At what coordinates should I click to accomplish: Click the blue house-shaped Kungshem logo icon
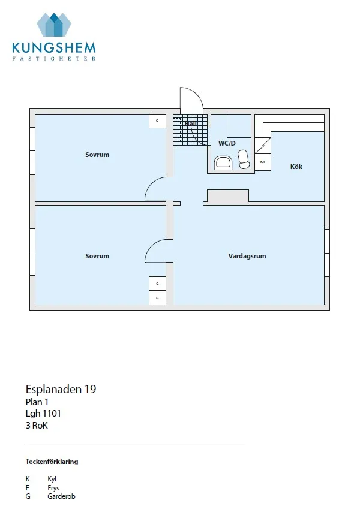coord(53,25)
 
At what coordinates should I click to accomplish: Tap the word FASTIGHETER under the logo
coord(53,59)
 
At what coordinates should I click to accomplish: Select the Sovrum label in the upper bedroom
coord(97,155)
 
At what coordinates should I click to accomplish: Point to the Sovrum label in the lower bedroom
coord(97,256)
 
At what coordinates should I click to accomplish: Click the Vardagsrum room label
coord(247,256)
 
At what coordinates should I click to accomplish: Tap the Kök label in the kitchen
coord(296,167)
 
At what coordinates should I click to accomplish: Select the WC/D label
coord(227,143)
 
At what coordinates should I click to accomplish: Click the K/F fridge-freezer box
coord(262,161)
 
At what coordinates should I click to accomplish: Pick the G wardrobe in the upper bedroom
coord(157,121)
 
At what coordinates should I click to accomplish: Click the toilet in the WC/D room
coord(244,159)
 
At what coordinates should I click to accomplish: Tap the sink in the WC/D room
coord(223,161)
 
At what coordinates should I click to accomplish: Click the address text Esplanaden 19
coord(61,389)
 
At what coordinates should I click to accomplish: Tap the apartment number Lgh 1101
coord(43,413)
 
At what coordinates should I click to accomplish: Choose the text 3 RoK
coord(37,426)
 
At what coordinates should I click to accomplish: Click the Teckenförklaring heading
coord(52,462)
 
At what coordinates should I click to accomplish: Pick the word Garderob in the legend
coord(61,496)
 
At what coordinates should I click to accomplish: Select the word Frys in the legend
coord(53,488)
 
